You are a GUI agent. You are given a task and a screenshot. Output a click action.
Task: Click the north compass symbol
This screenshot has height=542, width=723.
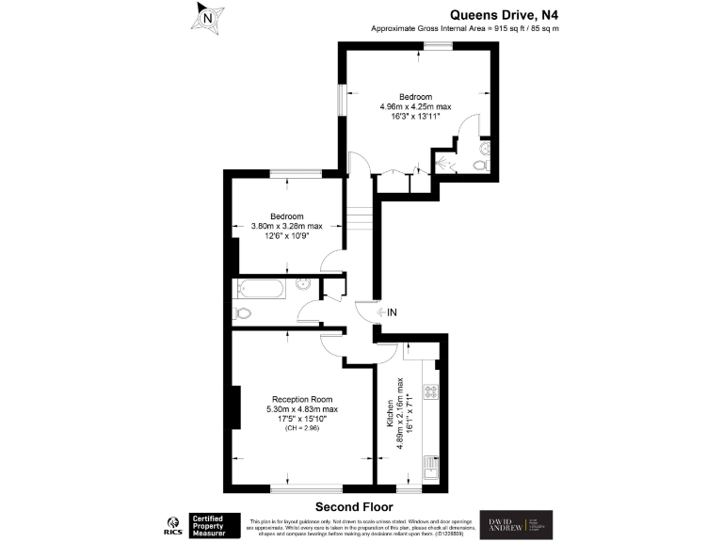209,18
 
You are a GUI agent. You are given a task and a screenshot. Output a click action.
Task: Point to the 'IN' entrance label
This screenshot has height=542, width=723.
391,311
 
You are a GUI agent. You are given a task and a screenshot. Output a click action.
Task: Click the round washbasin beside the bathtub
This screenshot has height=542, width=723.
304,284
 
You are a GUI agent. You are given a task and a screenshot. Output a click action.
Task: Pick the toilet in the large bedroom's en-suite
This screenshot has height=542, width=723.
481,166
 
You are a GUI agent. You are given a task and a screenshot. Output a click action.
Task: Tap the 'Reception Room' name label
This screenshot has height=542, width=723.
303,398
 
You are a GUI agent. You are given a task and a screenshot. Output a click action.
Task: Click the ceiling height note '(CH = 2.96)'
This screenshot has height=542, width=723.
303,429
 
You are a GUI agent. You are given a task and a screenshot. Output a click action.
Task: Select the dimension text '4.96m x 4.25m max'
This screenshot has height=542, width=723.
415,107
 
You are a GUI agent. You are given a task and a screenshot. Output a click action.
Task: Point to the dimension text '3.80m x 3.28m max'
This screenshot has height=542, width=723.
286,226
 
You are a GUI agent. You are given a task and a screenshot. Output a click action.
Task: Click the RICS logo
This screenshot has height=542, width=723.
173,523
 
